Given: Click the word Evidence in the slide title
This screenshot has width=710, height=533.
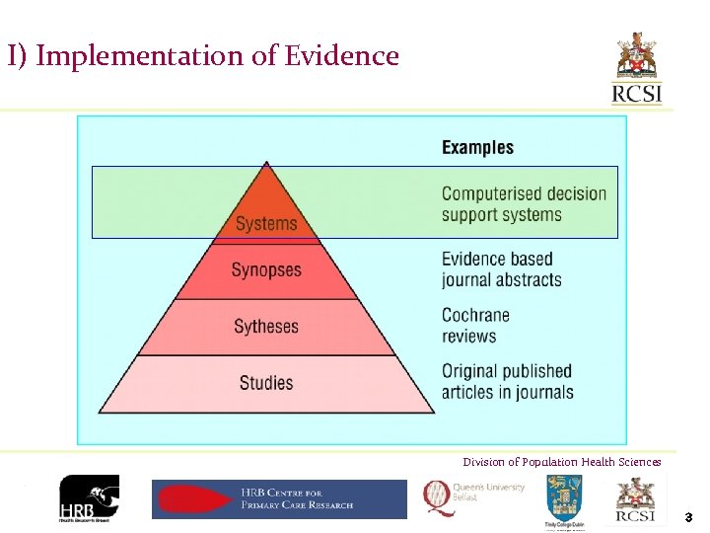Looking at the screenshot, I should tap(342, 55).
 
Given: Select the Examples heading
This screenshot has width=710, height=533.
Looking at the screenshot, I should tap(477, 148).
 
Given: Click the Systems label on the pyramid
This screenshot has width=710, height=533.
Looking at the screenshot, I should tap(266, 224).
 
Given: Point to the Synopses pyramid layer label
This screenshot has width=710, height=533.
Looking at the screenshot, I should tap(266, 269).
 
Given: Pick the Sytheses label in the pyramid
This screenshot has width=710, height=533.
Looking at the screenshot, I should tap(266, 327).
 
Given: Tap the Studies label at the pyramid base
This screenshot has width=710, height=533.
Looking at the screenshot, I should tap(266, 383).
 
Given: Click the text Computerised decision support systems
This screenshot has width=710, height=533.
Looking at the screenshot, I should tap(524, 204).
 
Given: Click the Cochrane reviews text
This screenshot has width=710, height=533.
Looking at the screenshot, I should tap(475, 326).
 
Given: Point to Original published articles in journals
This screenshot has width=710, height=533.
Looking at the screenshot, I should tap(507, 382).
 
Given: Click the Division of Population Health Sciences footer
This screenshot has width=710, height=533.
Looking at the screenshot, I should tap(562, 462).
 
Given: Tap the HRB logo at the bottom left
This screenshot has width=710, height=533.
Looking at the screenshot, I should tap(89, 498).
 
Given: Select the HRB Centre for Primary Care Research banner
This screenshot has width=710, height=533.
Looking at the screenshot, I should tap(279, 498).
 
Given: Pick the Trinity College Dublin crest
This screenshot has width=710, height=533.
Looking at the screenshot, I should tap(565, 499).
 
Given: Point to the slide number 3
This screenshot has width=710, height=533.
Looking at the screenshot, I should tap(688, 516).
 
